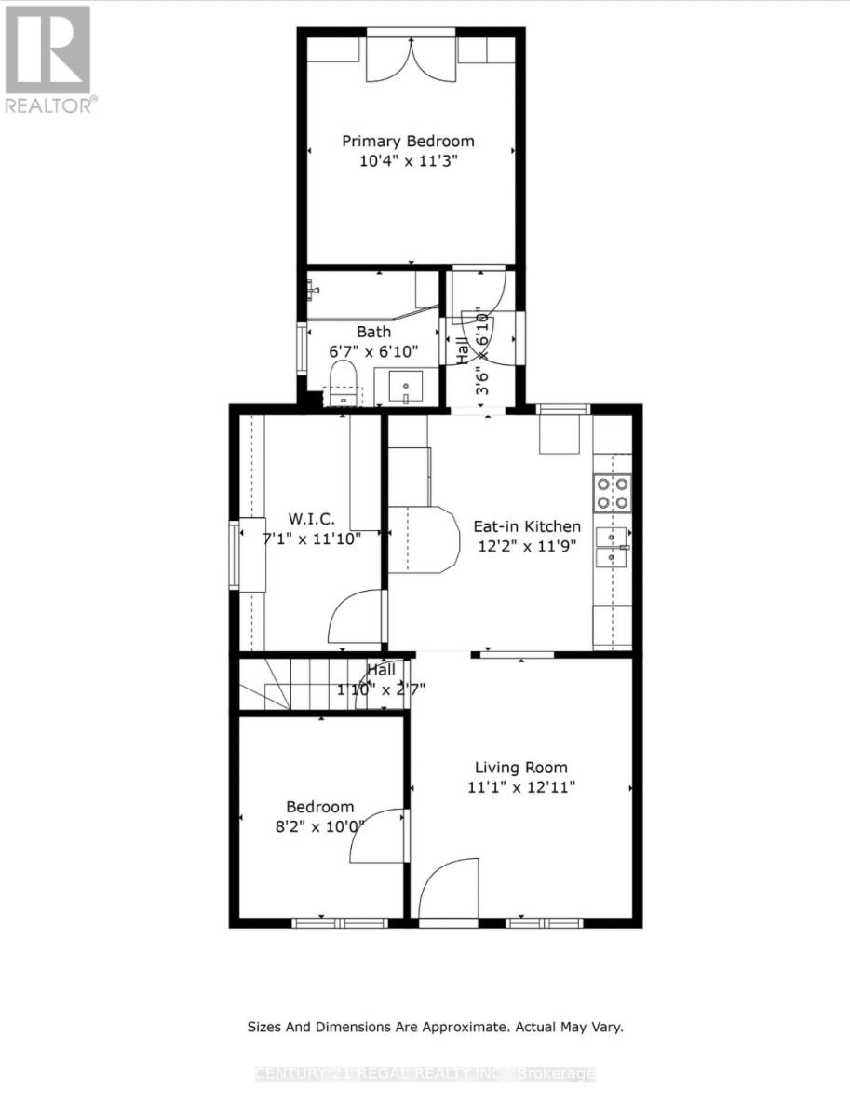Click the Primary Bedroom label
coord(408,142)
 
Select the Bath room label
coord(373,332)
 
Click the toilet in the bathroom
coord(344,384)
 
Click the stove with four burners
coord(612,493)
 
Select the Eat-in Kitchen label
coord(527,527)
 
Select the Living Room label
coord(520,768)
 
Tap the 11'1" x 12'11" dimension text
coord(520,787)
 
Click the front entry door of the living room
coord(449,890)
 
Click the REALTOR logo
coord(48,59)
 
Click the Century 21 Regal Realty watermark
coord(425,1074)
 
